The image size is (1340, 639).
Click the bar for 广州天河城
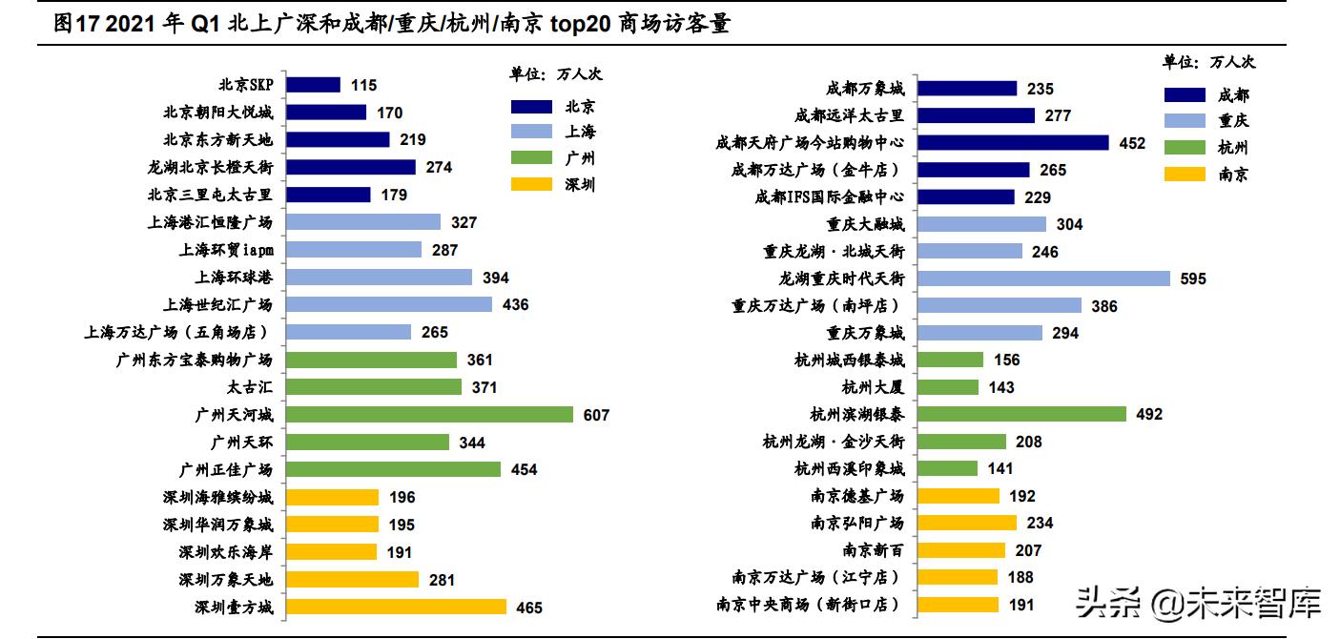(x=429, y=415)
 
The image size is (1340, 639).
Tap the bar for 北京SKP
(x=313, y=85)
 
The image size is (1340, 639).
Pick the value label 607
(x=596, y=415)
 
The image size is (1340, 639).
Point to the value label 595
(x=1192, y=278)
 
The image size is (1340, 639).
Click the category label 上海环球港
(x=233, y=278)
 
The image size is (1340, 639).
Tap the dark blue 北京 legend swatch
(x=531, y=106)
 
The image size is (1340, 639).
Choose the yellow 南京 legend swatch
(x=1185, y=174)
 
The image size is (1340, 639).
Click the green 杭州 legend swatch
(x=1185, y=147)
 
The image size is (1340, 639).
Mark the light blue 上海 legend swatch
(x=531, y=132)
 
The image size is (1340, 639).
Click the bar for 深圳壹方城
(x=396, y=607)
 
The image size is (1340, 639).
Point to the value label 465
(x=528, y=608)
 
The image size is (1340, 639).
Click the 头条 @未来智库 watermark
(x=1198, y=603)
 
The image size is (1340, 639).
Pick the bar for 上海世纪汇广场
(x=389, y=304)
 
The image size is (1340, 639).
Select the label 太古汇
(x=249, y=387)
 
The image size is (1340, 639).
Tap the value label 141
(x=1000, y=469)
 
